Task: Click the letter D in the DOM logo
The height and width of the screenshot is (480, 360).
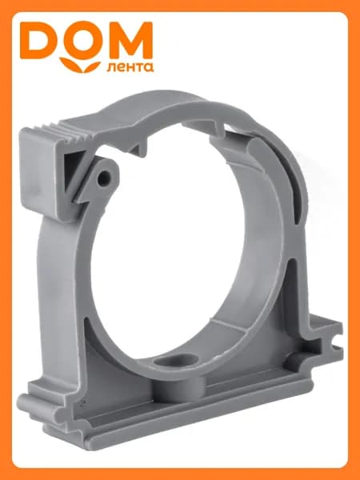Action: (38, 41)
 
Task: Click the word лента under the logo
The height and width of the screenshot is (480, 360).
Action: (130, 67)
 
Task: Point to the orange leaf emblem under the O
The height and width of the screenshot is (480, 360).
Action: (80, 65)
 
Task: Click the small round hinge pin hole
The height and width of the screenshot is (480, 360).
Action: (103, 178)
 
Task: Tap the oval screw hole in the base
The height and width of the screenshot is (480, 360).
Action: (176, 360)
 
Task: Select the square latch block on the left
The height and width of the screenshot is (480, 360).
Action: (42, 171)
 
